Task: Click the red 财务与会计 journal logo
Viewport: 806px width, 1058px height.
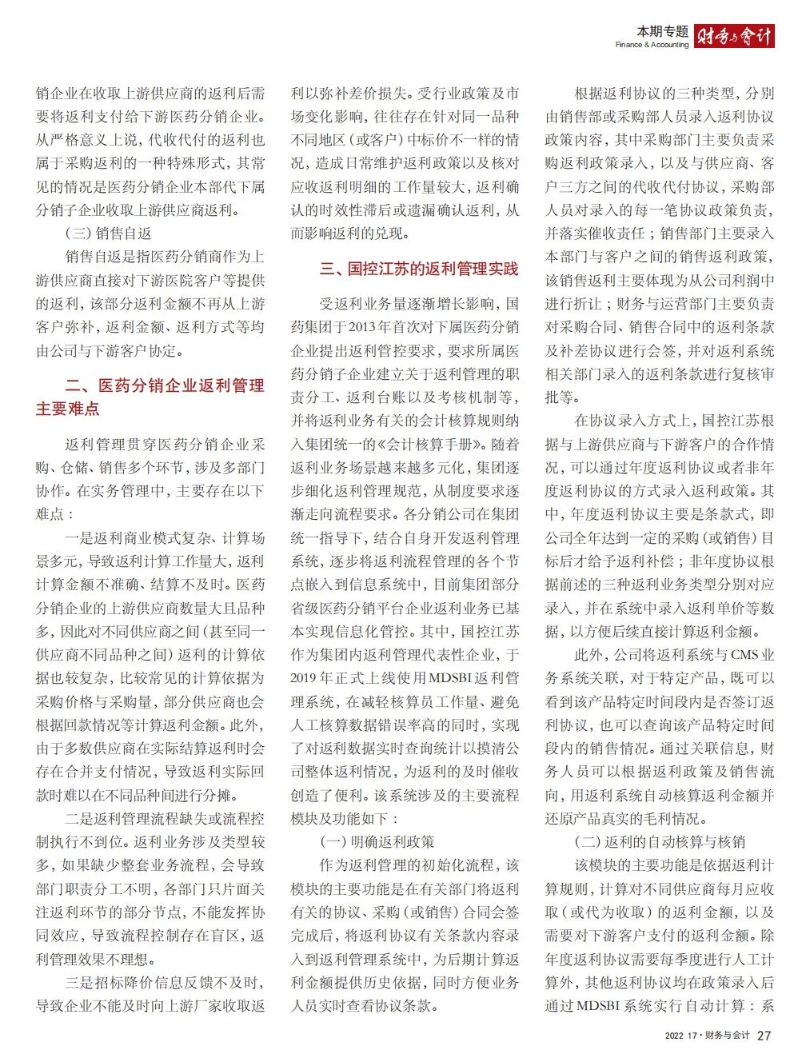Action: pyautogui.click(x=734, y=36)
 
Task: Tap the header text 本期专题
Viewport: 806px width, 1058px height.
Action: pyautogui.click(x=662, y=31)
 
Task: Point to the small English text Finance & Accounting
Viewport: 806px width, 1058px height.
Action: pyautogui.click(x=652, y=45)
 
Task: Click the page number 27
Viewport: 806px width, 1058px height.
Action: pyautogui.click(x=764, y=1035)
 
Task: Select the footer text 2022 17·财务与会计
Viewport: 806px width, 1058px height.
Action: pyautogui.click(x=707, y=1036)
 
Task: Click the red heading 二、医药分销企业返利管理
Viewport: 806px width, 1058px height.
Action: pyautogui.click(x=165, y=385)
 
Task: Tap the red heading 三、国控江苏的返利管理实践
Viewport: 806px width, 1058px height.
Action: pyautogui.click(x=419, y=269)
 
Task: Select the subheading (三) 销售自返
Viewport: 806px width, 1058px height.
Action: pyautogui.click(x=108, y=234)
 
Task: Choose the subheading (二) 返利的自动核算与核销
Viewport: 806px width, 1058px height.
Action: pyautogui.click(x=660, y=842)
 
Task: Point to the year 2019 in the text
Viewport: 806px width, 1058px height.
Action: pyautogui.click(x=305, y=678)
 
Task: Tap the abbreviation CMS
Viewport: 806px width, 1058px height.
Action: pyautogui.click(x=743, y=655)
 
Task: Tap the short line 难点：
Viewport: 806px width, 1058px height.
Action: pyautogui.click(x=54, y=514)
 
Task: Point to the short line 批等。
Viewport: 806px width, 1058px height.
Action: pyautogui.click(x=564, y=397)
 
